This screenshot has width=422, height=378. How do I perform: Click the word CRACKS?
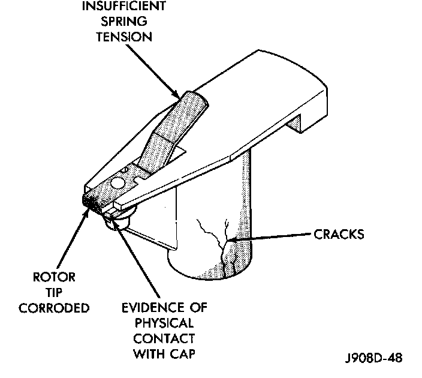339,234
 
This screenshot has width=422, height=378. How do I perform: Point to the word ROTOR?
55,278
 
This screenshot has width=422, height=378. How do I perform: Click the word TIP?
55,293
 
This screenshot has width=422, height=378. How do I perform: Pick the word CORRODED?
55,308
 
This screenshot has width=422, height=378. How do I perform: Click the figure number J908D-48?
373,358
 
